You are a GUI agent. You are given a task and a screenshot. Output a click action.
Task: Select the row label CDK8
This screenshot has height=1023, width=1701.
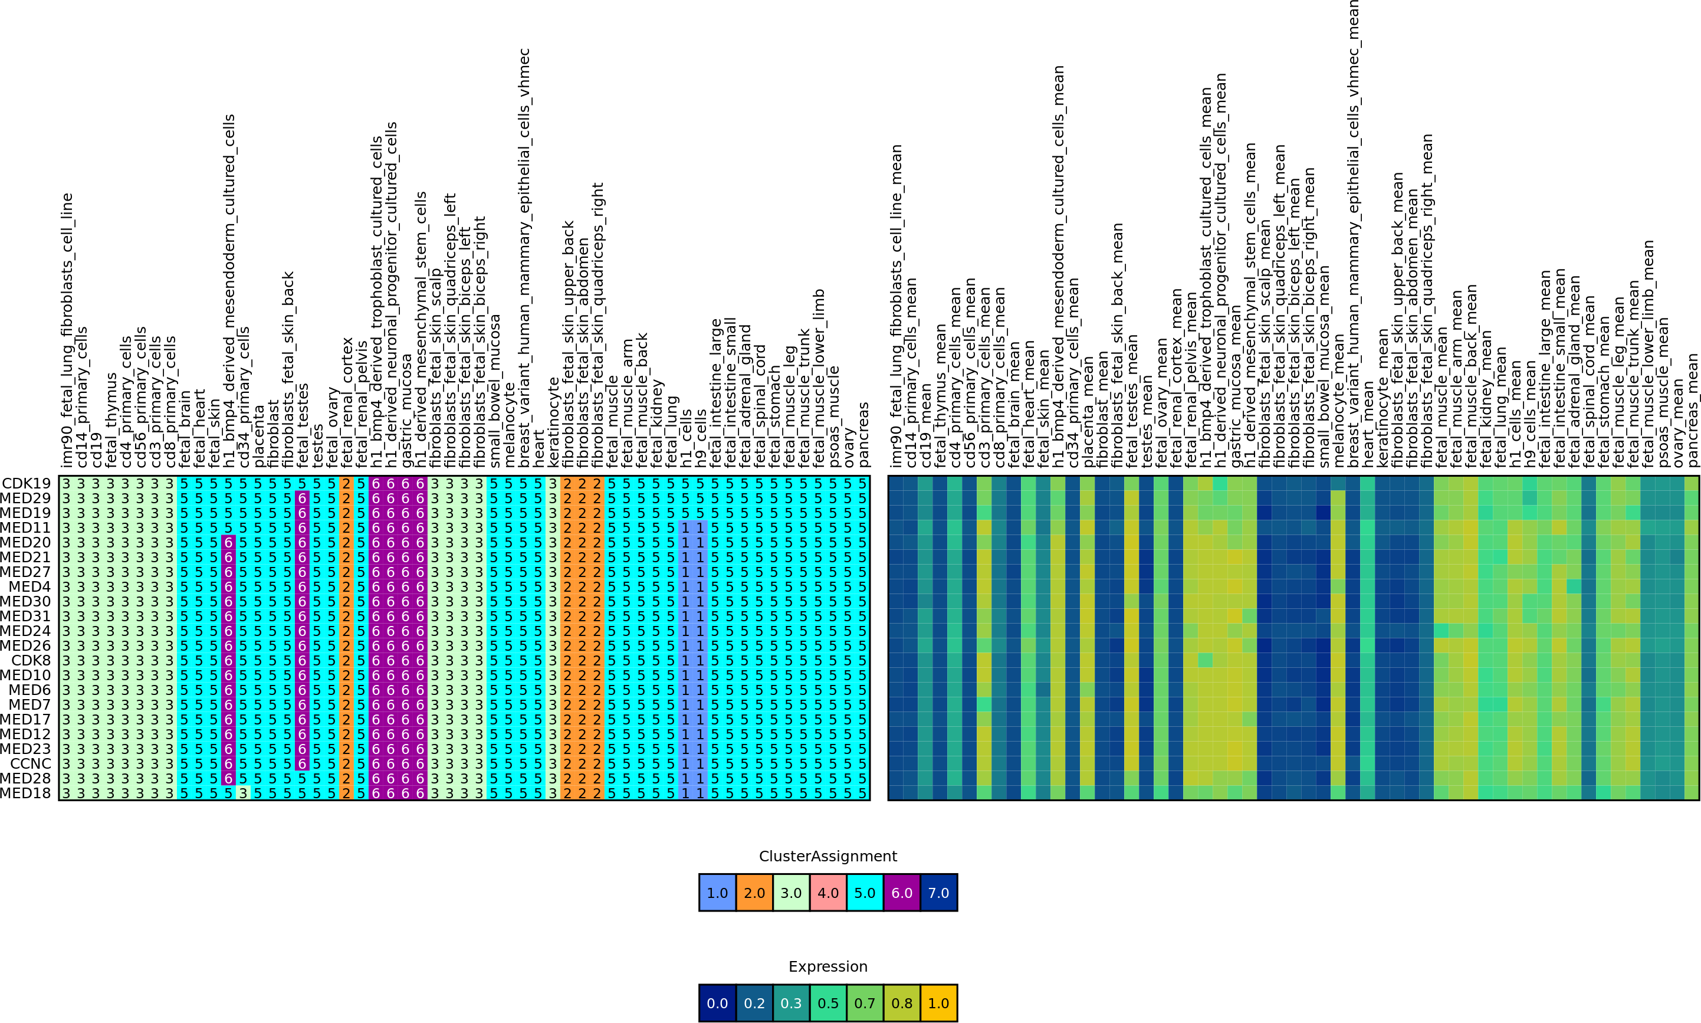pos(31,660)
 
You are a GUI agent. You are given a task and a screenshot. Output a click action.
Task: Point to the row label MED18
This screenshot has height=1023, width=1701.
pos(25,794)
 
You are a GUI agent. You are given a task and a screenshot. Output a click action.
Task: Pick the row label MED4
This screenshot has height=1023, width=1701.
pos(29,586)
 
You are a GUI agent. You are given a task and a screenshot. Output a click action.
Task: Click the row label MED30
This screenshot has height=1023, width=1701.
pos(25,602)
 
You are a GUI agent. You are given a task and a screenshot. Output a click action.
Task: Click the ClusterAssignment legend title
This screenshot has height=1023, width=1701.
pos(827,856)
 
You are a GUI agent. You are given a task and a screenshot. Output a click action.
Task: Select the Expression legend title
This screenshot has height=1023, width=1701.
pos(827,966)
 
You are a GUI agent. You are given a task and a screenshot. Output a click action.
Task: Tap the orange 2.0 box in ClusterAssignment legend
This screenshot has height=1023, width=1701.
pos(754,893)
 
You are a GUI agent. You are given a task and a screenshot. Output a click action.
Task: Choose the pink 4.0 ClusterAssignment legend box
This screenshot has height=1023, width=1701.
pos(828,893)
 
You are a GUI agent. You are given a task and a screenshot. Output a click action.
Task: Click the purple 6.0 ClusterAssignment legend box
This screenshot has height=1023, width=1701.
pos(902,893)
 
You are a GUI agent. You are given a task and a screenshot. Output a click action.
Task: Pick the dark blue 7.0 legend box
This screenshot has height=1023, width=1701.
pos(938,893)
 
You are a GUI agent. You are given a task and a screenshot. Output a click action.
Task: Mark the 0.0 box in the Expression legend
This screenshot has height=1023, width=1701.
pos(717,1003)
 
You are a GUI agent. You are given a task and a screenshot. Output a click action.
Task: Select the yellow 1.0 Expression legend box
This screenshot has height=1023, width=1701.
pos(938,1003)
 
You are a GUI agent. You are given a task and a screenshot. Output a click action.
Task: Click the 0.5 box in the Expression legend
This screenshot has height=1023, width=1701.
pos(828,1003)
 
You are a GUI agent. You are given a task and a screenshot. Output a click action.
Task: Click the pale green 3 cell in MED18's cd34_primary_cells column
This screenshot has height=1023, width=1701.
pos(243,794)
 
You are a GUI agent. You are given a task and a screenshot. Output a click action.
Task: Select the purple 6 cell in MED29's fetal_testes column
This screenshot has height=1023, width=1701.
pos(302,498)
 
